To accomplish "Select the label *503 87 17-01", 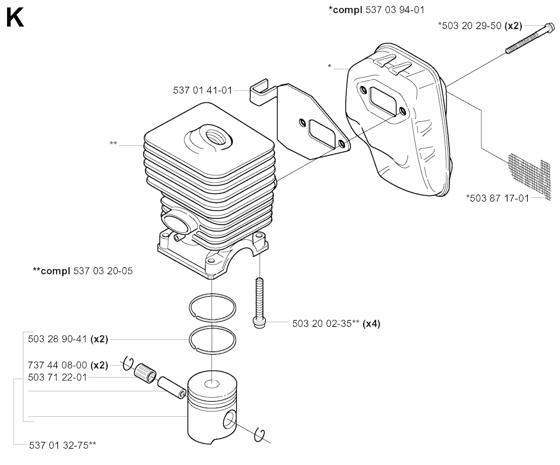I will (497, 198).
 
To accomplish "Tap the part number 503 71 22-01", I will (57, 377).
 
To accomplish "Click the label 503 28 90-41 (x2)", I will (67, 339).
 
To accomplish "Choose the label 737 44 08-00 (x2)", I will (67, 364).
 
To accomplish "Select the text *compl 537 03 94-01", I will (377, 10).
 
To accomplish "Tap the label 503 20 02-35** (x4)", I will (336, 323).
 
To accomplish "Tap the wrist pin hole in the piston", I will (230, 421).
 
